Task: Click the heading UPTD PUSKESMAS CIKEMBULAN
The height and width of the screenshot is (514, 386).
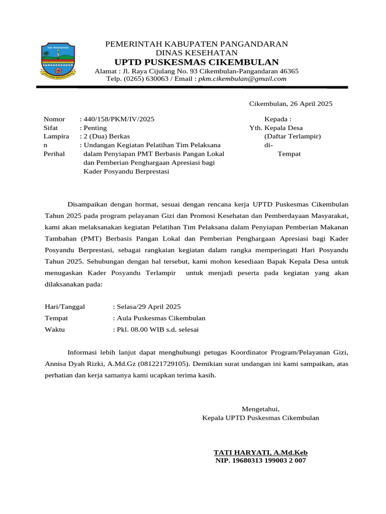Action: (197, 62)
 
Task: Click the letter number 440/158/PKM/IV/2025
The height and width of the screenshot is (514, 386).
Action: (119, 119)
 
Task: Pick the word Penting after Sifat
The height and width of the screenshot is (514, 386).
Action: (95, 128)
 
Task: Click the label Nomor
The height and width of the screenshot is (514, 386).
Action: (54, 119)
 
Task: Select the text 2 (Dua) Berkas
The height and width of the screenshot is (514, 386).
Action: (107, 137)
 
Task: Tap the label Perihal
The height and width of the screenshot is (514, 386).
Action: (54, 154)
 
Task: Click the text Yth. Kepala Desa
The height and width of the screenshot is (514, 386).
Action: (276, 128)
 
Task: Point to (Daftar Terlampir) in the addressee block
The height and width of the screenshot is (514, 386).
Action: (293, 137)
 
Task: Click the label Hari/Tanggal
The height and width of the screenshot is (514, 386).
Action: (65, 306)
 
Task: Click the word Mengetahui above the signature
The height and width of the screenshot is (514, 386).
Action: (260, 409)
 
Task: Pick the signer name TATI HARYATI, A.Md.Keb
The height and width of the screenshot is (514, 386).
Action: (260, 452)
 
